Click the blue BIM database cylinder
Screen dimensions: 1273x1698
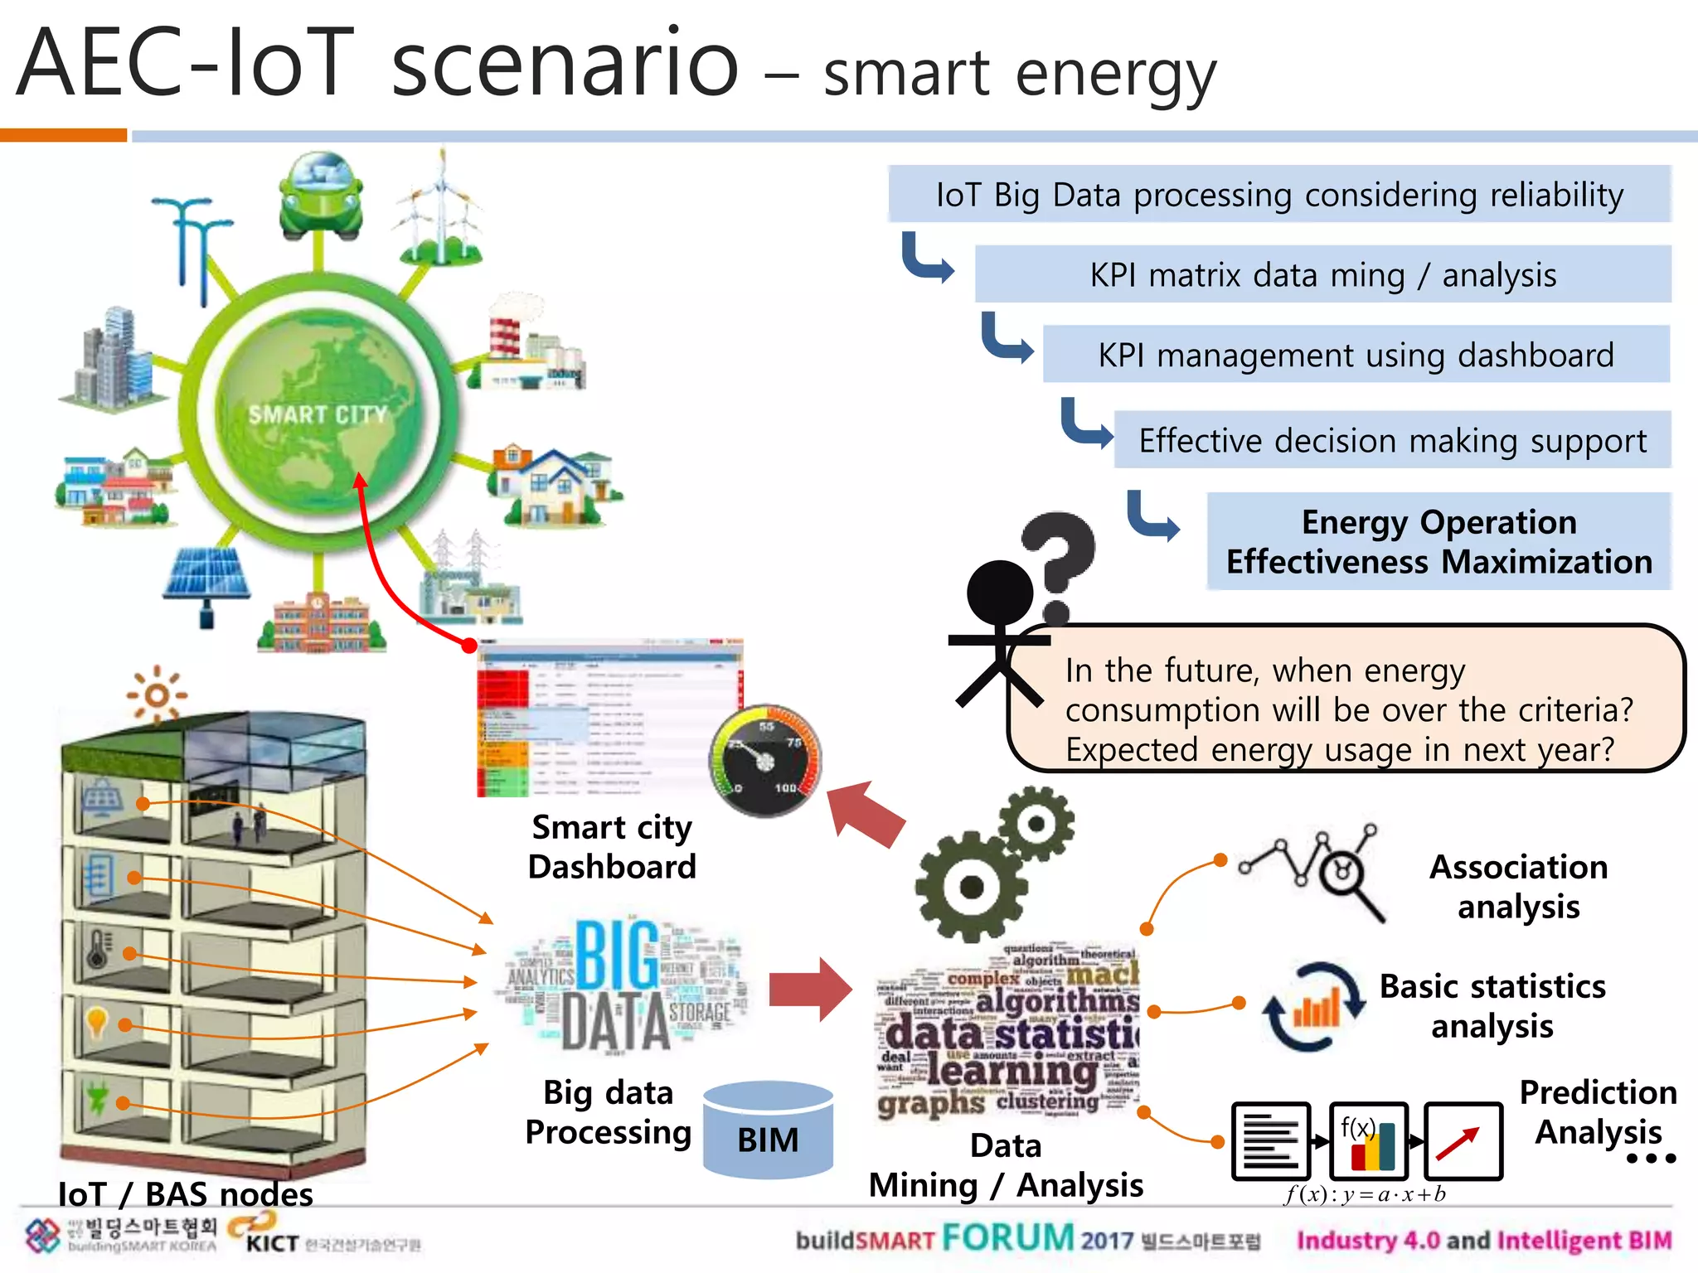[768, 1131]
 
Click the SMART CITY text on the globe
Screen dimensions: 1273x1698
[318, 414]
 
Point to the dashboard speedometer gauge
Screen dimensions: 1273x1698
[765, 761]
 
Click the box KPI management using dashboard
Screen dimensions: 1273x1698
[1356, 355]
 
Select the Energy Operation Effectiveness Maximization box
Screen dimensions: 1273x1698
[1438, 542]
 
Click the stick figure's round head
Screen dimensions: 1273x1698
[1000, 593]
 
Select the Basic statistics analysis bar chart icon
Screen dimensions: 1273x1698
[1314, 1008]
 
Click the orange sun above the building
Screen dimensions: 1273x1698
[156, 695]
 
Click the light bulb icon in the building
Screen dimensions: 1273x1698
[97, 1022]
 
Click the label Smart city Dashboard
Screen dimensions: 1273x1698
[612, 847]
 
